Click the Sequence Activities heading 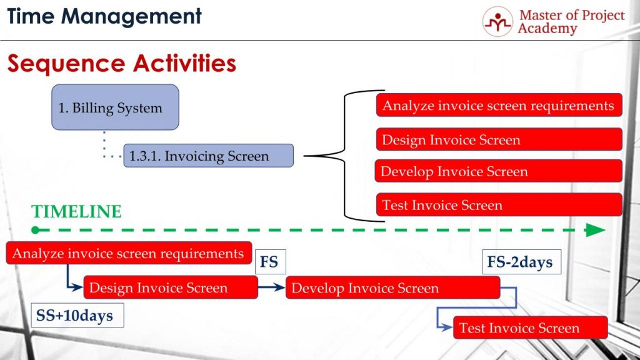[121, 63]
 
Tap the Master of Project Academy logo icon [497, 22]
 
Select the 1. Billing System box [115, 107]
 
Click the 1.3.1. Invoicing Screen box [208, 155]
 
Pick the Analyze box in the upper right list [499, 105]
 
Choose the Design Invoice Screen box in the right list [499, 139]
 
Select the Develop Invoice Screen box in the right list [499, 171]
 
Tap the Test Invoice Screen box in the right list [499, 204]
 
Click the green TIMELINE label [76, 212]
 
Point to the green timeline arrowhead [595, 230]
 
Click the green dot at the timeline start [36, 230]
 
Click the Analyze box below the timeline [129, 253]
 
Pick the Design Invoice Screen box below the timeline [171, 287]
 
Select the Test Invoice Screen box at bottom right [530, 327]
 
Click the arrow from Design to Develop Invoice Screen [271, 287]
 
